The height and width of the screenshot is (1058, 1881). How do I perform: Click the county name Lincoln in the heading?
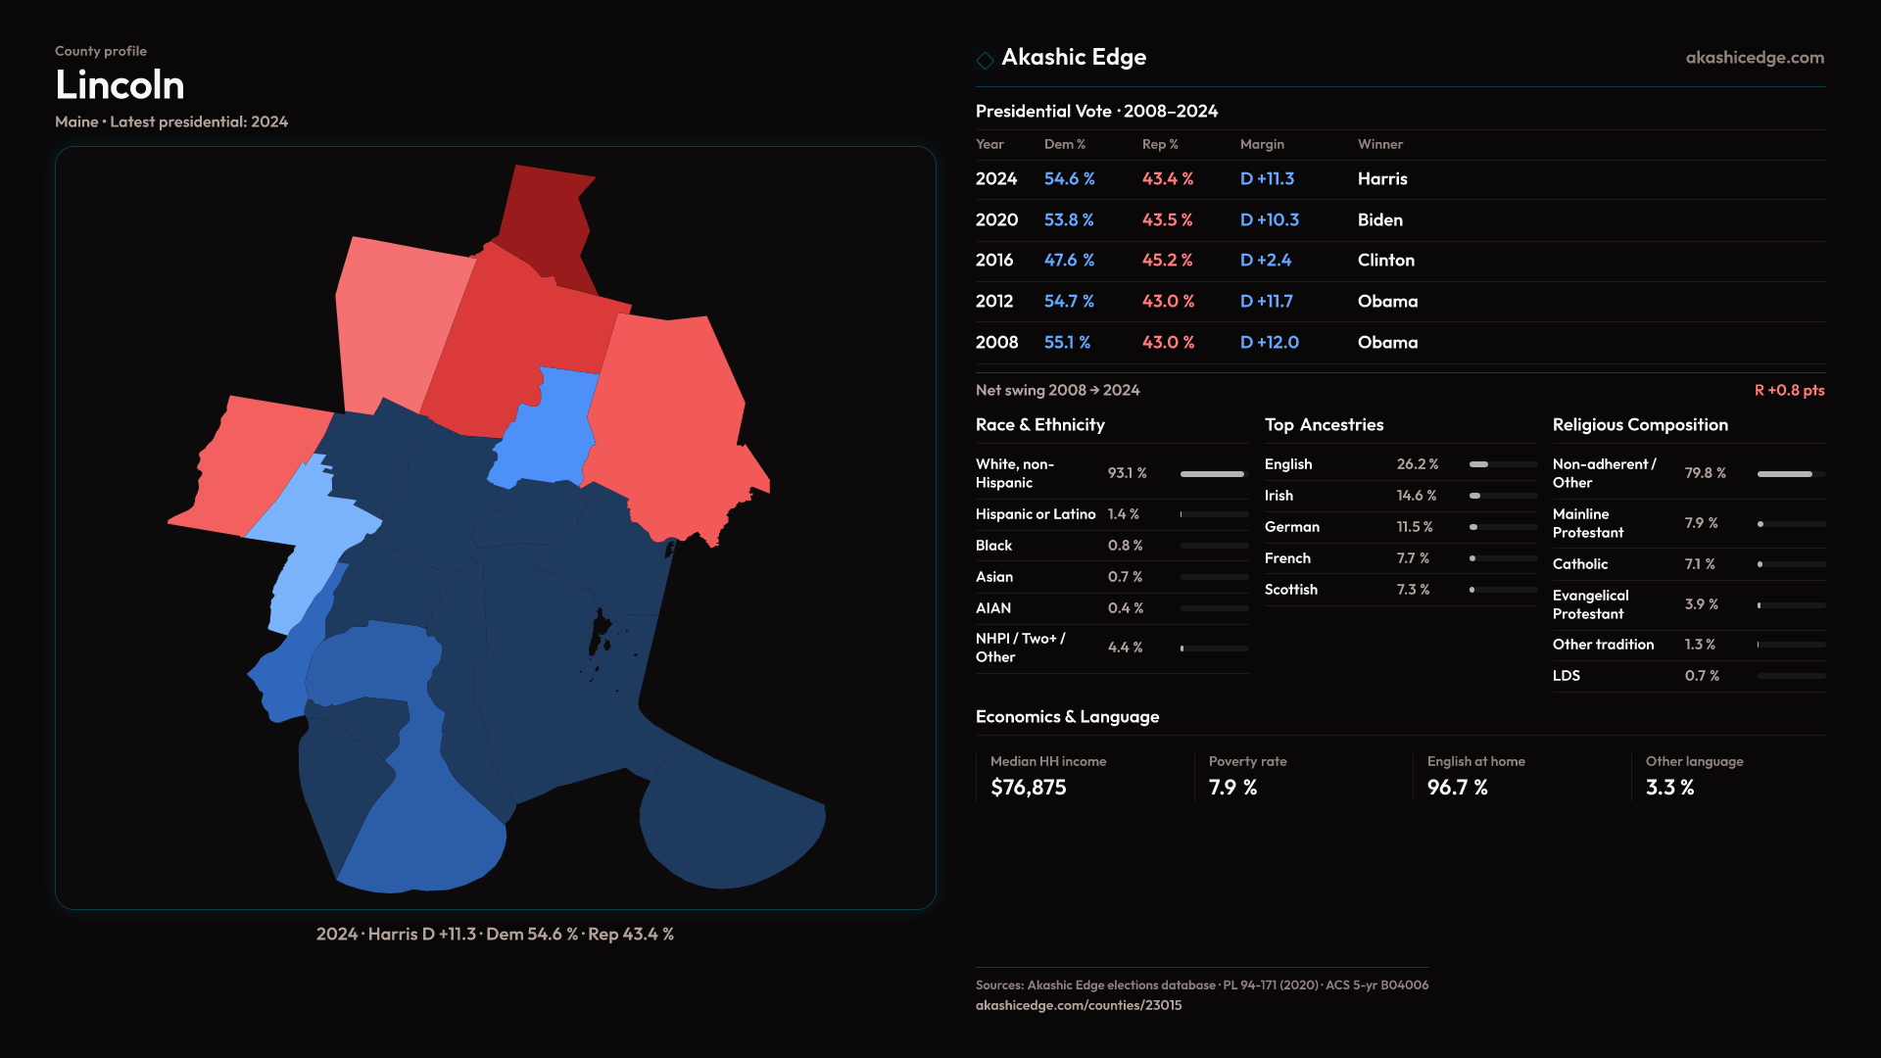point(120,85)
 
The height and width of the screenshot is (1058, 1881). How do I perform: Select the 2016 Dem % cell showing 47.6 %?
point(1069,261)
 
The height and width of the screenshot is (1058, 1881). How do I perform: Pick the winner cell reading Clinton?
point(1385,261)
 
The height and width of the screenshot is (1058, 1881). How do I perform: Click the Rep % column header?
point(1160,144)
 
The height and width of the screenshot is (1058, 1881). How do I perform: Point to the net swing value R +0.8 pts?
point(1789,390)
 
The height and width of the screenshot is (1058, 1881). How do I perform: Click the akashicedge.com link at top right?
point(1755,58)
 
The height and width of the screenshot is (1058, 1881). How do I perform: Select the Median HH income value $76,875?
point(1028,788)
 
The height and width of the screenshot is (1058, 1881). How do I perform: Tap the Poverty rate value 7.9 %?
point(1232,788)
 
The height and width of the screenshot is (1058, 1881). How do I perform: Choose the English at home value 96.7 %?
point(1457,788)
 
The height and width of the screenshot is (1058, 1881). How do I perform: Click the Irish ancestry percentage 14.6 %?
point(1416,496)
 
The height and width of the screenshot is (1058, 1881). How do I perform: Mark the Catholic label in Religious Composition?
point(1579,564)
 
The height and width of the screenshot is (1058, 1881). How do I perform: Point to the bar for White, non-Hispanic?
point(1212,474)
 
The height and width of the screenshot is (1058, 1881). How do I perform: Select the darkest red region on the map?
point(545,225)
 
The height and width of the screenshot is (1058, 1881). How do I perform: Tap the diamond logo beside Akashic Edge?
point(985,60)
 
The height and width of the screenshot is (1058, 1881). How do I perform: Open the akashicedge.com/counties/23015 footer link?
point(1078,1005)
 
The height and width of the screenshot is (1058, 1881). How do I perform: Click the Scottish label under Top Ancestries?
point(1290,590)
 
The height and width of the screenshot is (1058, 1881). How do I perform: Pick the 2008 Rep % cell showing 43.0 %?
point(1168,343)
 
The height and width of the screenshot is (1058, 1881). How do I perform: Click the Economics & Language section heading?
point(1067,717)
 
